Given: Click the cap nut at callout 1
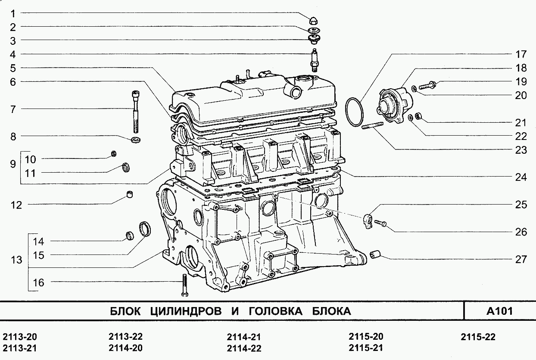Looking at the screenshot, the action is click(314, 21).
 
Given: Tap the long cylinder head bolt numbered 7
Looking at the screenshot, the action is click(135, 112).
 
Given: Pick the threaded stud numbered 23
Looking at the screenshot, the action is click(373, 126).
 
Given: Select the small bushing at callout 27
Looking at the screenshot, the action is click(375, 254).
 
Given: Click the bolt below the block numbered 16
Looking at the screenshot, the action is click(184, 285).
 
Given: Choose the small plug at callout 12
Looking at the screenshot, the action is click(129, 194).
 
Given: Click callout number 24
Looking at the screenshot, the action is click(521, 177).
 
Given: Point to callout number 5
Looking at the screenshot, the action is click(13, 68).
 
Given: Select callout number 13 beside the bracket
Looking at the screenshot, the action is click(16, 260).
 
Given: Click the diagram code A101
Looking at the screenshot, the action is click(500, 311).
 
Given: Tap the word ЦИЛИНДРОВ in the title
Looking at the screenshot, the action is click(186, 311).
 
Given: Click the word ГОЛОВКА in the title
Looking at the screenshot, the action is click(276, 311).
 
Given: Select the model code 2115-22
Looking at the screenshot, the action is click(478, 337).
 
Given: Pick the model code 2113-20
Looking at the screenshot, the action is click(20, 337).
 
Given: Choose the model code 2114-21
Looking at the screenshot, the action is click(244, 337).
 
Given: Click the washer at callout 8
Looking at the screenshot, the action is click(136, 140).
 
